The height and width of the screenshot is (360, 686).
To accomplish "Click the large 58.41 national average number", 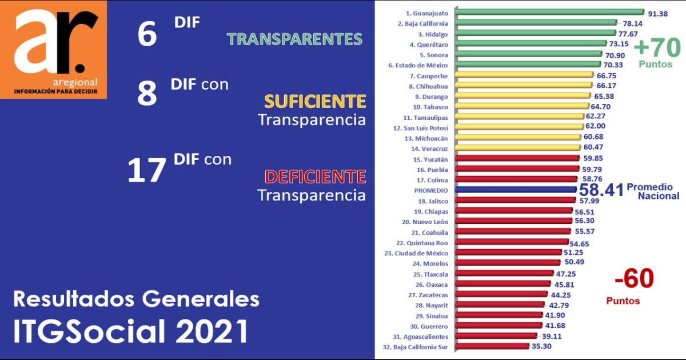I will (x=601, y=191).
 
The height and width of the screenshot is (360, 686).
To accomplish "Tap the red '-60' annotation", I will (x=633, y=279).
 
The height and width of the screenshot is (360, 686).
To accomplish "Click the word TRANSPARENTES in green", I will (x=294, y=39).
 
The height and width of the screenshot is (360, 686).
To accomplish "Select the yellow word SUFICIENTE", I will (x=314, y=102).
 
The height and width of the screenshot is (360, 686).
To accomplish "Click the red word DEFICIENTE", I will (x=314, y=176).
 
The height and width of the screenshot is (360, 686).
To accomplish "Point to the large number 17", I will (x=147, y=170).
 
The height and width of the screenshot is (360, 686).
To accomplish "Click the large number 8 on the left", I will (x=147, y=94).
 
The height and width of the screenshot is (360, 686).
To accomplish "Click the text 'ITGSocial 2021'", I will (x=131, y=332).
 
